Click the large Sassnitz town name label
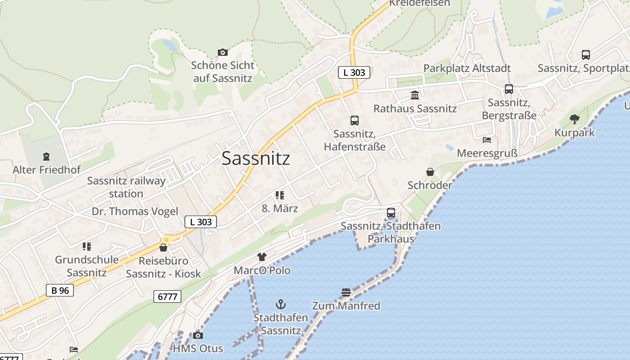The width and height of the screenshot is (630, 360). pyautogui.click(x=256, y=158)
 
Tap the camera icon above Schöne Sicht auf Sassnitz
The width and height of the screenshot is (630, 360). pyautogui.click(x=222, y=53)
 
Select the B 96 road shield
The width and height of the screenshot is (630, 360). pyautogui.click(x=60, y=290)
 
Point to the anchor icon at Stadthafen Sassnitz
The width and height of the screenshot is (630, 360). pyautogui.click(x=281, y=305)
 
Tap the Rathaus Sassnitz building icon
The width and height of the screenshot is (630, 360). pyautogui.click(x=414, y=95)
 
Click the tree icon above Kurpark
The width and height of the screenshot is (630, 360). pyautogui.click(x=574, y=119)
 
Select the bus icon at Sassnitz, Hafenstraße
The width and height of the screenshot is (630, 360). pyautogui.click(x=355, y=121)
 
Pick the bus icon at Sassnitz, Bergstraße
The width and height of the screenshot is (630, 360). pyautogui.click(x=508, y=89)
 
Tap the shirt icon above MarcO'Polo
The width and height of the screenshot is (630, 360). pyautogui.click(x=262, y=257)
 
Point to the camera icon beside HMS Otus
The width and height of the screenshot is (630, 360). pyautogui.click(x=198, y=336)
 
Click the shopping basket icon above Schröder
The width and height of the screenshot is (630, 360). pyautogui.click(x=430, y=172)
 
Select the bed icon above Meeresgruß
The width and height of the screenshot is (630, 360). pyautogui.click(x=486, y=140)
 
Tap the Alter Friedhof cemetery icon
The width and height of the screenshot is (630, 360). pyautogui.click(x=46, y=157)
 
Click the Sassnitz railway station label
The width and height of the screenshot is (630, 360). pyautogui.click(x=126, y=187)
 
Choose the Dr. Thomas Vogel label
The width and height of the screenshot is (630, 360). pyautogui.click(x=135, y=211)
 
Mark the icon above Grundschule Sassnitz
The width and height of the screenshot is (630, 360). pyautogui.click(x=87, y=246)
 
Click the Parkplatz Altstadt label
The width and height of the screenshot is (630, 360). pyautogui.click(x=467, y=68)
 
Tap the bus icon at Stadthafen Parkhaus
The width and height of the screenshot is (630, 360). pyautogui.click(x=391, y=213)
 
